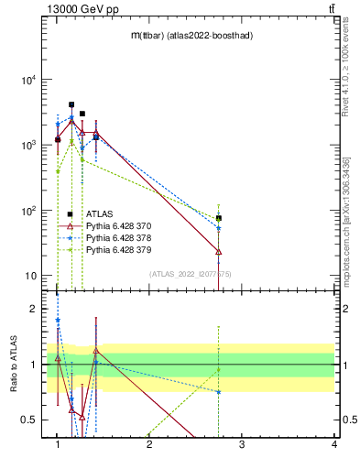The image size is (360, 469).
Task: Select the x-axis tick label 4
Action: click(x=333, y=444)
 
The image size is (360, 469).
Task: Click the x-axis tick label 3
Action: click(x=241, y=444)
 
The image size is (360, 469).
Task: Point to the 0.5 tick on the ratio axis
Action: click(x=30, y=420)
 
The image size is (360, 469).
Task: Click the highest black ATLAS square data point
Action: click(x=71, y=104)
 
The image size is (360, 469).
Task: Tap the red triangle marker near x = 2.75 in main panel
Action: click(x=219, y=250)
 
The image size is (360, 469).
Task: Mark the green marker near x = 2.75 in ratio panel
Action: click(x=219, y=370)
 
